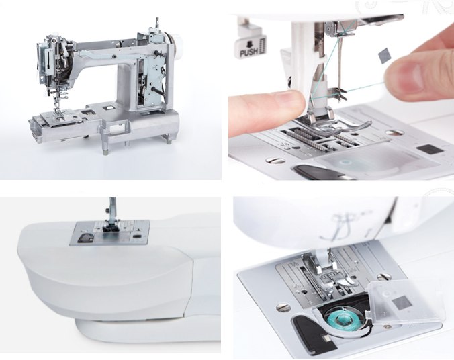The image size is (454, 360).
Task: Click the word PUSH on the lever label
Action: (x=248, y=52)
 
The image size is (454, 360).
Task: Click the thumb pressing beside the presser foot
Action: (x=267, y=112)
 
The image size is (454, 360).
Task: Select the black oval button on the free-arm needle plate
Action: (x=85, y=238)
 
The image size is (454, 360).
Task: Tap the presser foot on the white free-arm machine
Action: (x=109, y=226)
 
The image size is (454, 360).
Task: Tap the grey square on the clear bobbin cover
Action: (x=402, y=302)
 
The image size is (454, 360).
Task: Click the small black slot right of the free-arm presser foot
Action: (x=136, y=237)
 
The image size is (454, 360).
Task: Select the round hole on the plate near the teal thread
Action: (x=394, y=132)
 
